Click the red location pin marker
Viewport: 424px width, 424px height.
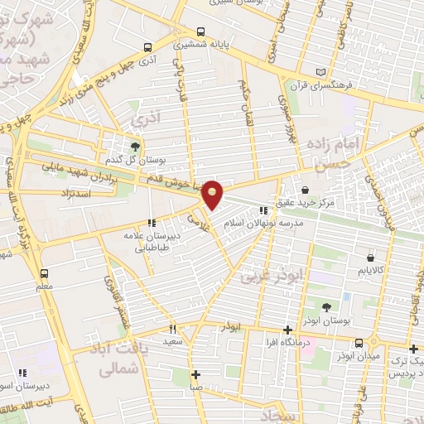tap(213, 194)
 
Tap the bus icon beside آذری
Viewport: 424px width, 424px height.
tap(147, 47)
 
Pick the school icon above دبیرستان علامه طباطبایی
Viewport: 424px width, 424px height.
tap(151, 222)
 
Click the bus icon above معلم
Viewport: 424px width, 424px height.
tap(44, 272)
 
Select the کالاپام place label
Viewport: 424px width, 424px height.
tap(369, 271)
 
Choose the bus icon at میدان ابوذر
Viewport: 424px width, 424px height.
tap(359, 343)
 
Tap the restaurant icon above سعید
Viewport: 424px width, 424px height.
tap(172, 329)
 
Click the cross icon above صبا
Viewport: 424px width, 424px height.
tap(195, 373)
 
